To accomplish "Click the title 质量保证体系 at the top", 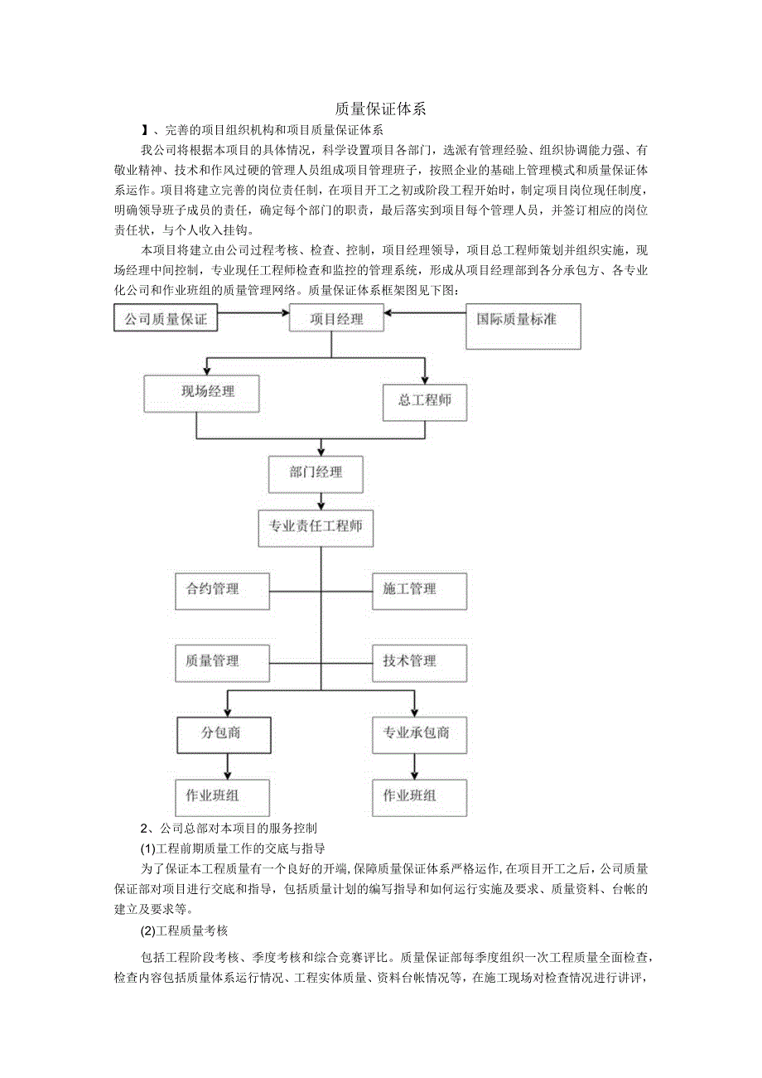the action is [381, 109].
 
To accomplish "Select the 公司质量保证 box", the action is [165, 318].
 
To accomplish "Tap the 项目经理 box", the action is [337, 318].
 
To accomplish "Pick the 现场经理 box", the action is [201, 393].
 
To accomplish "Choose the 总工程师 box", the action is [425, 400].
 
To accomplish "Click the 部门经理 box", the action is [316, 473].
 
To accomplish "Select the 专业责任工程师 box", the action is [316, 526].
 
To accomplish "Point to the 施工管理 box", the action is [419, 590].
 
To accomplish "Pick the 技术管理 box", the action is [419, 661].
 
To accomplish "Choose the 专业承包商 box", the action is [419, 733].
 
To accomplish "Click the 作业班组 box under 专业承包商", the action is [419, 796].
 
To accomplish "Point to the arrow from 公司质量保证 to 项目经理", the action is [253, 313].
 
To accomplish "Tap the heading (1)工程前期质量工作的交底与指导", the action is [233, 848].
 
